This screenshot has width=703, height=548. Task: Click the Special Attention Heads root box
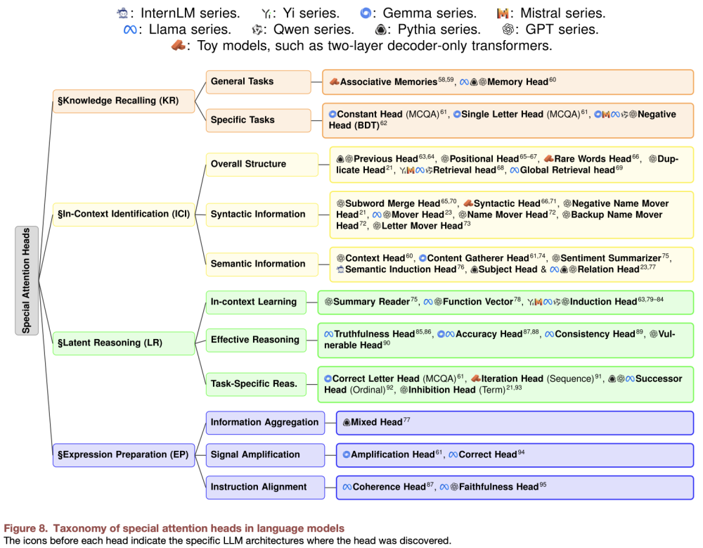point(27,281)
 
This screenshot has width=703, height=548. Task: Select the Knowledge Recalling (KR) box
point(124,101)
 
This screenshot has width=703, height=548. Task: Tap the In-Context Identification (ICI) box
point(124,214)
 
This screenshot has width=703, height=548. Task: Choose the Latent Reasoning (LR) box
point(124,343)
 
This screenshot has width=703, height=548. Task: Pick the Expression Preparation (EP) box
point(124,454)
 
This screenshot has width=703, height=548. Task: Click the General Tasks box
point(258,82)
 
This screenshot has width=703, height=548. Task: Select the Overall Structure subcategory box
point(262,165)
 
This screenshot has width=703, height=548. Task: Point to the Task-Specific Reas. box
point(256,383)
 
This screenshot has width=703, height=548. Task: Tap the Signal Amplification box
point(265,454)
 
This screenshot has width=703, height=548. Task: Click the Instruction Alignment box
point(265,487)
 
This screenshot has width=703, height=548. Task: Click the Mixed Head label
point(377,422)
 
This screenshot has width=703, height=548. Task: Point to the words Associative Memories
point(388,82)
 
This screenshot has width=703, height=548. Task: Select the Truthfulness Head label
point(374,334)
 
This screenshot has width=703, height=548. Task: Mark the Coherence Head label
point(389,487)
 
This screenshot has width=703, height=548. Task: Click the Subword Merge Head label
point(392,204)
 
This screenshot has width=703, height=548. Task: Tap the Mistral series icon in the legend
point(503,13)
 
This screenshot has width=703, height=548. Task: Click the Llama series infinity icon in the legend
point(130,30)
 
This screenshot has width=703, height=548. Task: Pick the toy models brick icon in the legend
point(179,46)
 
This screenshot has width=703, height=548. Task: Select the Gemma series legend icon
point(366,13)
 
